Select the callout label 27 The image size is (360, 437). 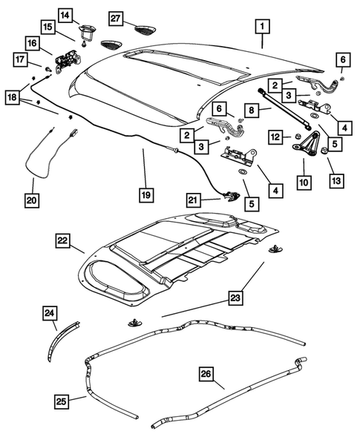(116, 17)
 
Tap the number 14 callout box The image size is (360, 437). (66, 14)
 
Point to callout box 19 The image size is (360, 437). (146, 195)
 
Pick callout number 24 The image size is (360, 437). (49, 315)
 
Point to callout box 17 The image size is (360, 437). (22, 59)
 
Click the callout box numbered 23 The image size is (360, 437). (235, 299)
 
